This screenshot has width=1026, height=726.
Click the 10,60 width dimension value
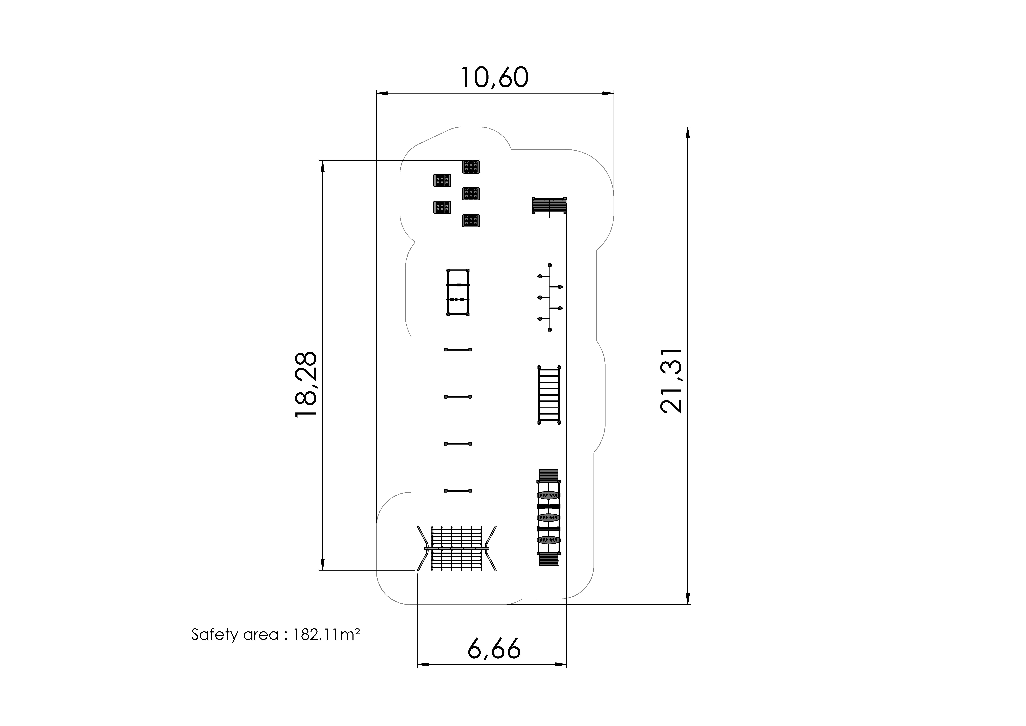coord(494,78)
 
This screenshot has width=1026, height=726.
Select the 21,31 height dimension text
coord(671,381)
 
